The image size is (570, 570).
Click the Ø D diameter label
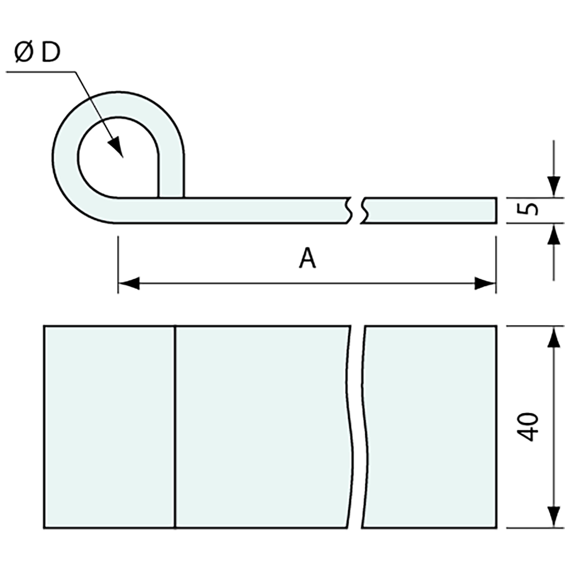coord(37,53)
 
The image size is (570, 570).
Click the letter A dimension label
coord(307,258)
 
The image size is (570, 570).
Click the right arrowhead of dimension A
coord(486,283)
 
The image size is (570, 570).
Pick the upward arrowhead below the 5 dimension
coord(554,235)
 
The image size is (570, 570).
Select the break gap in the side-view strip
coord(357,210)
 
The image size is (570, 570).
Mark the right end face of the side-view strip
coord(496,210)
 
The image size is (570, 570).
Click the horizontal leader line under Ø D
coord(41,72)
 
